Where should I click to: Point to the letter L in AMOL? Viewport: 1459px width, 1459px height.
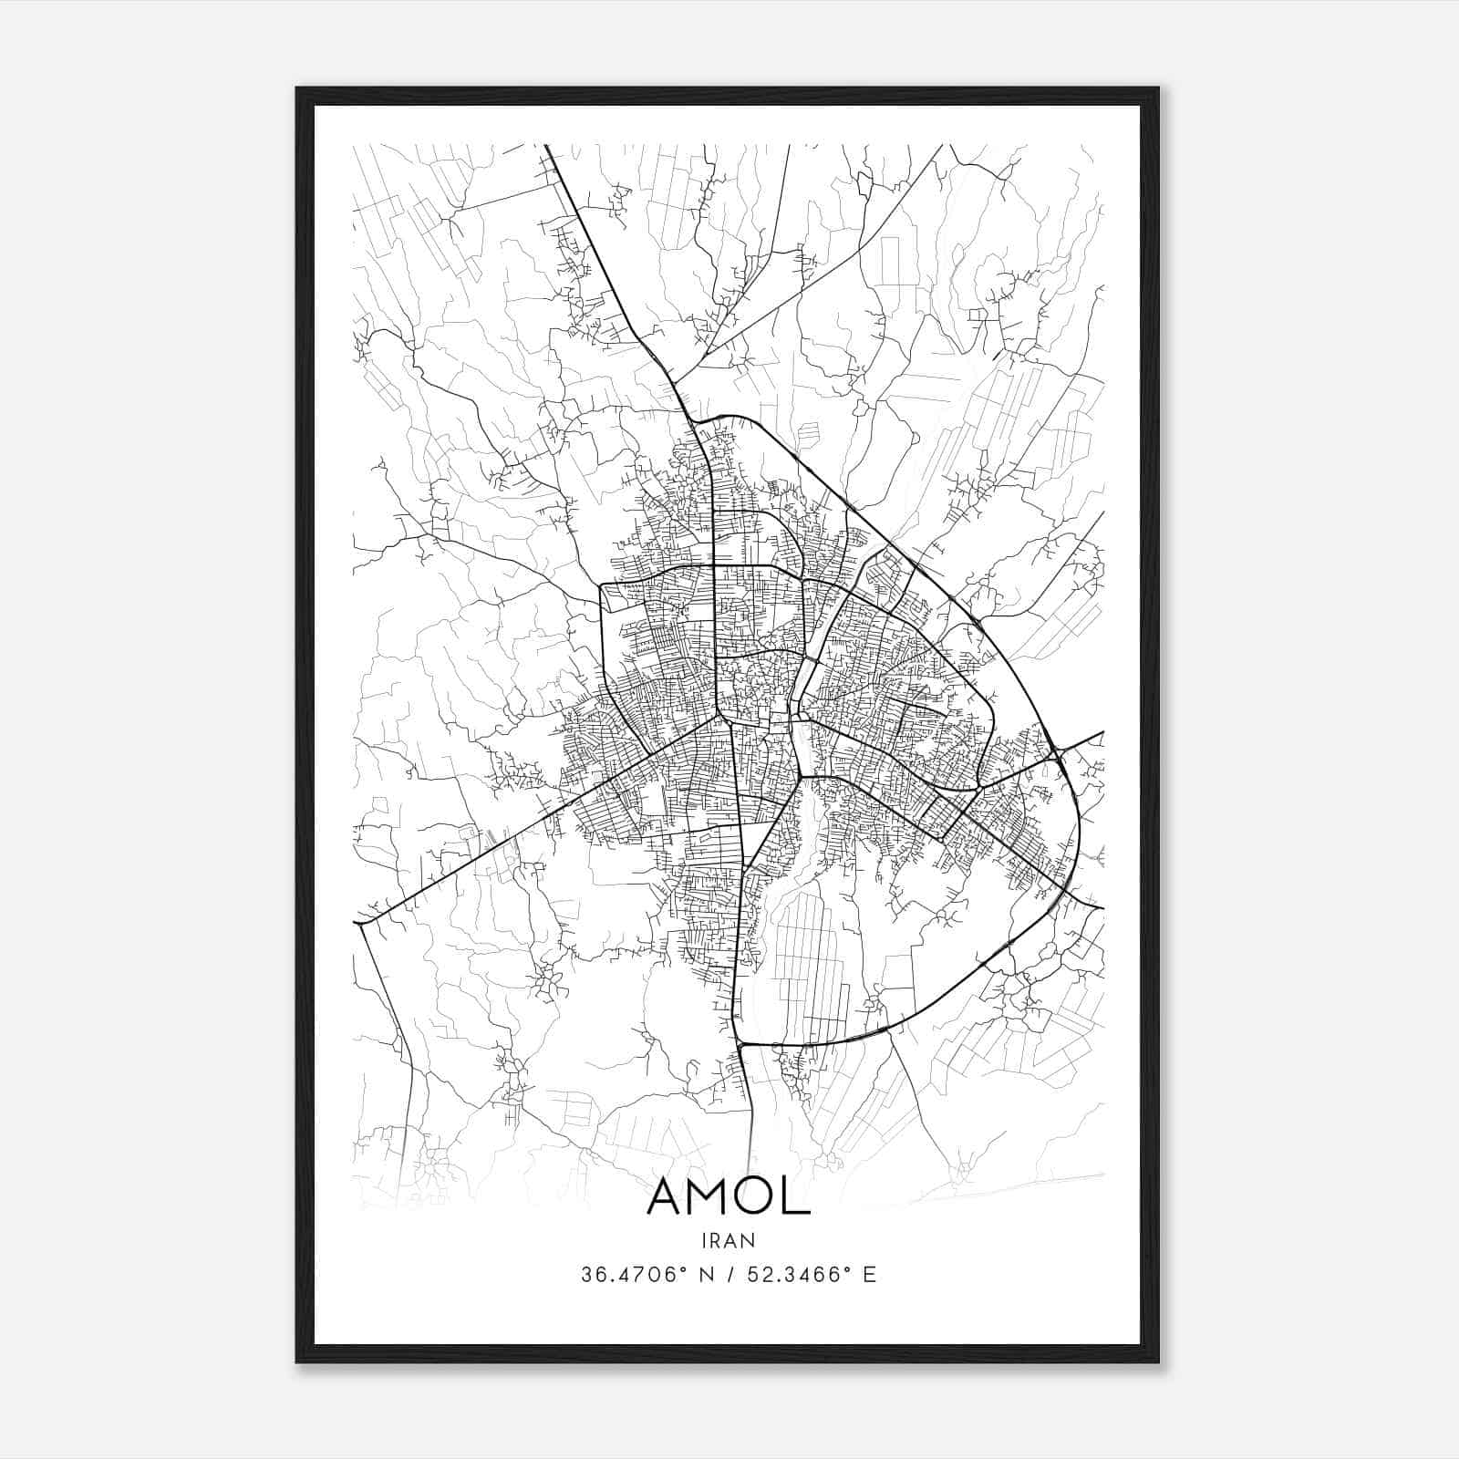pos(798,1197)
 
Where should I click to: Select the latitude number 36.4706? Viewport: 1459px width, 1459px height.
pos(630,1275)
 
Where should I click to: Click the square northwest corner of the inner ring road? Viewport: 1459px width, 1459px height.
pos(602,585)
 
